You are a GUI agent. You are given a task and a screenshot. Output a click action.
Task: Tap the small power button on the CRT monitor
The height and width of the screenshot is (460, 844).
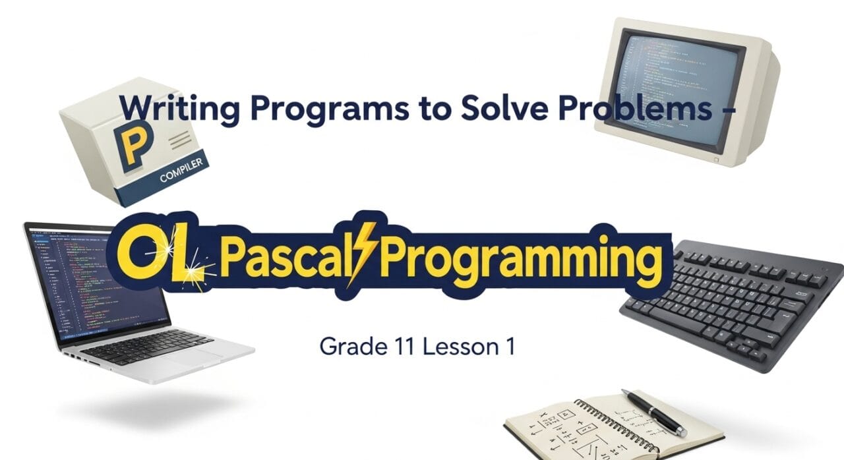click(717, 159)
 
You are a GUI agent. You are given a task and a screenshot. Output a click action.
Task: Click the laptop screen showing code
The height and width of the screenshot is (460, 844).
click(99, 283)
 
